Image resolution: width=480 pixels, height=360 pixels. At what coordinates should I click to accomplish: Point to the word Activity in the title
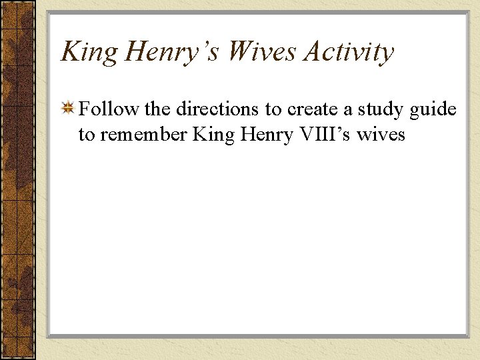pyautogui.click(x=349, y=52)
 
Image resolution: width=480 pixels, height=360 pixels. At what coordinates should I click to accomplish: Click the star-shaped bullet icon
pyautogui.click(x=68, y=109)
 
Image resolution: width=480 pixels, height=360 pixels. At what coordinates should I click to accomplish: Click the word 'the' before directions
pyautogui.click(x=155, y=109)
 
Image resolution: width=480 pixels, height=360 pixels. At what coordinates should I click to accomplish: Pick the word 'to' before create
pyautogui.click(x=274, y=109)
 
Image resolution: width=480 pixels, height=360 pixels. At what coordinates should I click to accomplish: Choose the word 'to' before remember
pyautogui.click(x=87, y=135)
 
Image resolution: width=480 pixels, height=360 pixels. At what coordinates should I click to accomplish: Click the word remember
pyautogui.click(x=143, y=135)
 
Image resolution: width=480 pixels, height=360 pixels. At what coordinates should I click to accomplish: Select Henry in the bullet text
pyautogui.click(x=270, y=135)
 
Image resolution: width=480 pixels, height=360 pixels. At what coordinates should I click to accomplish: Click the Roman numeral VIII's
pyautogui.click(x=326, y=135)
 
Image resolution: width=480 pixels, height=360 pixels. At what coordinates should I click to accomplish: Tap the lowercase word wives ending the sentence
pyautogui.click(x=381, y=135)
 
